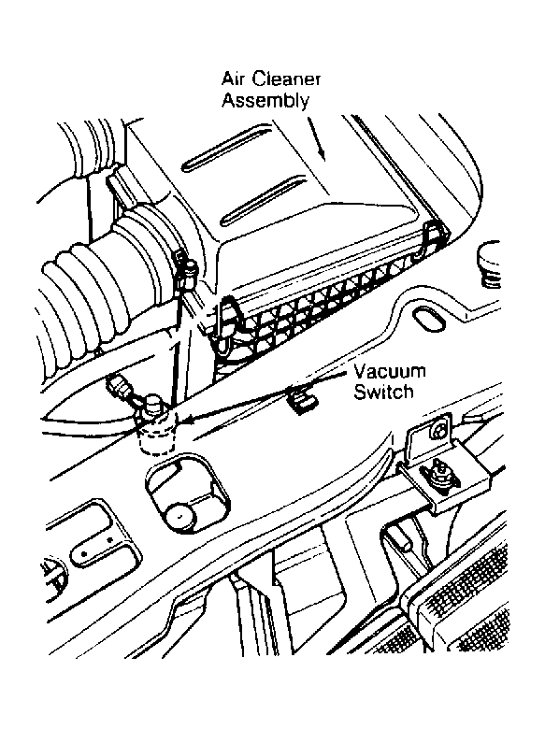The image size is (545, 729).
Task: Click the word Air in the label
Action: [x=234, y=79]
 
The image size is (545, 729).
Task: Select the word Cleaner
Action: [x=286, y=79]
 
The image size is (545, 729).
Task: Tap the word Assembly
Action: [x=265, y=101]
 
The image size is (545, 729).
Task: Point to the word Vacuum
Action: [x=390, y=371]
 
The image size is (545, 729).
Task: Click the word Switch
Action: [x=383, y=392]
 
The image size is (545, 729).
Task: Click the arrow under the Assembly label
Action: [x=316, y=138]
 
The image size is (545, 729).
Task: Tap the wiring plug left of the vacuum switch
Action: [x=118, y=385]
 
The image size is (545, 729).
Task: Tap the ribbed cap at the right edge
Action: [x=488, y=265]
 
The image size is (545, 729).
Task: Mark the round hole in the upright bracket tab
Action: [x=438, y=432]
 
